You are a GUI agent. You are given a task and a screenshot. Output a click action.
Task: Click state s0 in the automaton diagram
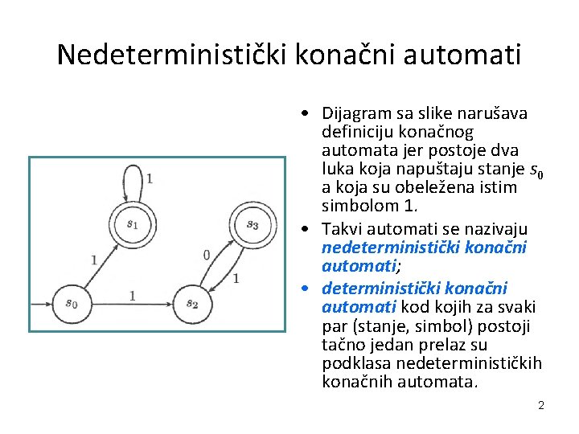72,303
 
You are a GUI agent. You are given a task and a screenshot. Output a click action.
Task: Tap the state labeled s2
192,303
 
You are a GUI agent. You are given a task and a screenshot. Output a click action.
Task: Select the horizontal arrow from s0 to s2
132,304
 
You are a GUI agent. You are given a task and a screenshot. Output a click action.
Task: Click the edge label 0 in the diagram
207,255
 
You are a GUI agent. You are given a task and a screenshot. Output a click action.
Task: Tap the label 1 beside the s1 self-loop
150,178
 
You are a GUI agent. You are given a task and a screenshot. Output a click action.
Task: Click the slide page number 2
541,405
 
